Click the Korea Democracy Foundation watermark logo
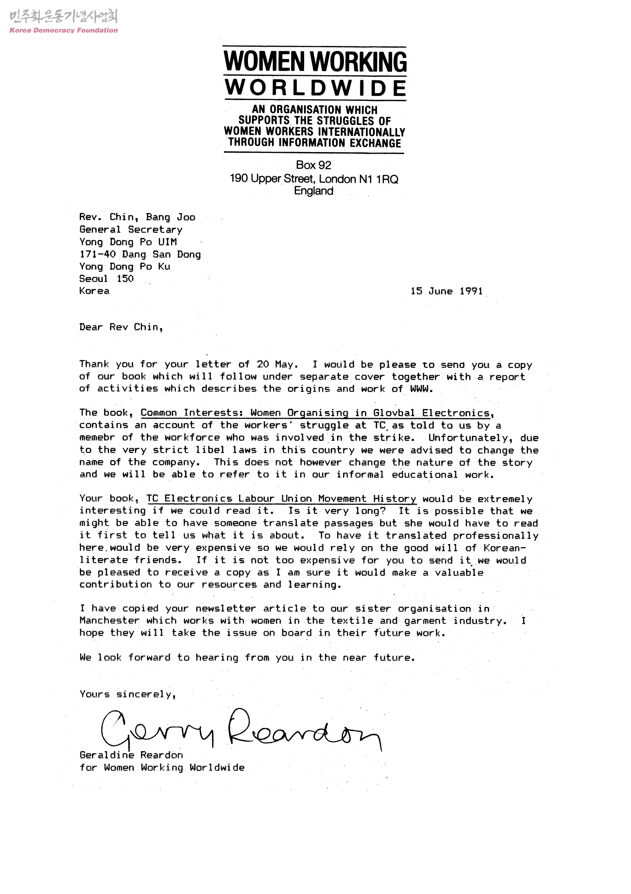click(63, 22)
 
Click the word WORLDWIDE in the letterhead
click(315, 88)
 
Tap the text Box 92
click(313, 165)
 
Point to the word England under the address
click(313, 191)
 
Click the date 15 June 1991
click(446, 291)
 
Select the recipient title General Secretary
click(131, 230)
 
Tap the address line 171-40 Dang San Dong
click(140, 255)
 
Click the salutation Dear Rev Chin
click(121, 327)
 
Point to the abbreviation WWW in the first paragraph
click(419, 389)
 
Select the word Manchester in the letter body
click(110, 621)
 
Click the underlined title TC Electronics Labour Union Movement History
click(281, 499)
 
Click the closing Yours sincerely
click(127, 694)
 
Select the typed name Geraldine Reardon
click(131, 755)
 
